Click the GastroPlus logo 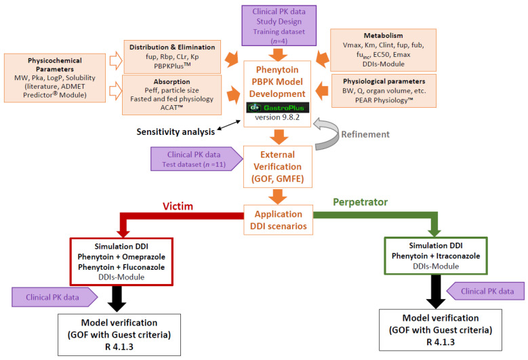[278, 107]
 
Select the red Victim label [178, 206]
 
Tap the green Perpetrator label [361, 202]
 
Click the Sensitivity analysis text [176, 132]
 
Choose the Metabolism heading [383, 35]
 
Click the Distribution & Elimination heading [172, 47]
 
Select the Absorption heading [171, 81]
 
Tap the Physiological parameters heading [384, 81]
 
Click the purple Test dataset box [197, 159]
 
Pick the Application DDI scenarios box [279, 220]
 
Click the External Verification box [278, 167]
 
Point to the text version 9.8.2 [277, 117]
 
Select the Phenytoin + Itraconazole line [436, 256]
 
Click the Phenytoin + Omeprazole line [121, 257]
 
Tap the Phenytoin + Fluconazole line [121, 267]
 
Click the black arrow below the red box [117, 299]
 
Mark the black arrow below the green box [436, 292]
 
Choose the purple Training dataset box [279, 26]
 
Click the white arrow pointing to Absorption [116, 91]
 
